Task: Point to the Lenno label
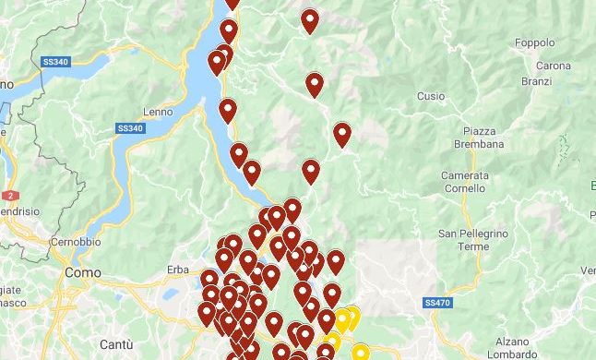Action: click(158, 112)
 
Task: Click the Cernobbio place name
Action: click(75, 241)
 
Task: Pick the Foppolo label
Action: click(535, 42)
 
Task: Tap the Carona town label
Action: click(553, 66)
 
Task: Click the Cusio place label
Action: click(430, 96)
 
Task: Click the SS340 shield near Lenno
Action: click(130, 128)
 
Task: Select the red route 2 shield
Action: click(10, 196)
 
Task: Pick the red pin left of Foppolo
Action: click(310, 19)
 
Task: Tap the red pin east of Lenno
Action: click(228, 110)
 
